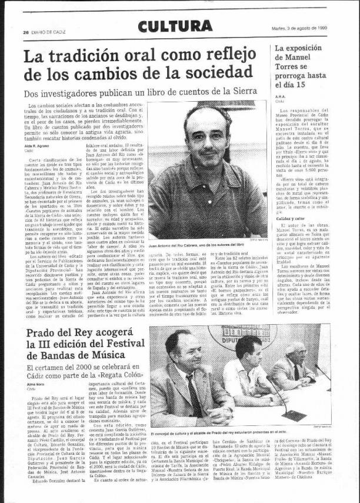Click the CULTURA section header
tap(175, 26)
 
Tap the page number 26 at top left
tap(26, 32)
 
